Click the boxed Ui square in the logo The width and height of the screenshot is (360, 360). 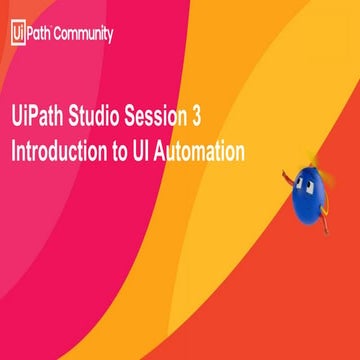click(16, 33)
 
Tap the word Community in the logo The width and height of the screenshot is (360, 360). click(83, 34)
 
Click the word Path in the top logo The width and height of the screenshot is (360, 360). click(39, 34)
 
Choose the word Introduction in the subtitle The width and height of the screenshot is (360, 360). click(63, 152)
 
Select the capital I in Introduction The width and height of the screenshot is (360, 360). click(13, 152)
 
